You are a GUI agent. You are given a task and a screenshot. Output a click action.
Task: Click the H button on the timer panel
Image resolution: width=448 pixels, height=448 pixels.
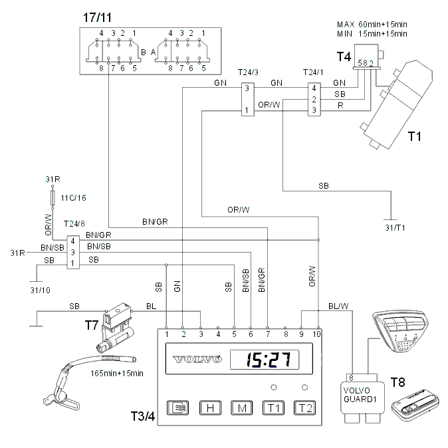[210, 408]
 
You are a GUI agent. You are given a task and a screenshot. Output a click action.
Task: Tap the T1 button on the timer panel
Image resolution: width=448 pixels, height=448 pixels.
[273, 408]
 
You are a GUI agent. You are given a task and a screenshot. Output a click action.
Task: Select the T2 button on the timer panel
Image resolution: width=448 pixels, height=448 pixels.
[305, 408]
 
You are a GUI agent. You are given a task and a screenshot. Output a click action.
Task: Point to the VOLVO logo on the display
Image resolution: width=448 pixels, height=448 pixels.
[197, 359]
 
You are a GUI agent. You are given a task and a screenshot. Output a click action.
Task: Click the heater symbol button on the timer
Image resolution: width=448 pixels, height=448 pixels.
[177, 408]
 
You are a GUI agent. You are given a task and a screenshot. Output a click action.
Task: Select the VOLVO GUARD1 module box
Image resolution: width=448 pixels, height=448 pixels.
[362, 397]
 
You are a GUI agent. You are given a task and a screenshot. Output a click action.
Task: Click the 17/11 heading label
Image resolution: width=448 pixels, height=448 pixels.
[97, 17]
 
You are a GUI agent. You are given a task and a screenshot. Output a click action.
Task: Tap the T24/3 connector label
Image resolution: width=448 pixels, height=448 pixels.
[248, 72]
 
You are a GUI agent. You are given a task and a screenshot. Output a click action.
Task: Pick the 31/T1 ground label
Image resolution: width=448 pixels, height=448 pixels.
[395, 228]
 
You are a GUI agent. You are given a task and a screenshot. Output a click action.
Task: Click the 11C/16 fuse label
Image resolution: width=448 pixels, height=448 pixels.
[73, 197]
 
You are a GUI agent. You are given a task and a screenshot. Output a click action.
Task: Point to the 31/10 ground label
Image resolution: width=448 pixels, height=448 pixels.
[40, 290]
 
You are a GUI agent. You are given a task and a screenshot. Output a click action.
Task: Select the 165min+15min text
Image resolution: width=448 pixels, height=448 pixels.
[117, 374]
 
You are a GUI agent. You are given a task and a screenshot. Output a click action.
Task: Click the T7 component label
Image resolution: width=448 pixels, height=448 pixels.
[92, 325]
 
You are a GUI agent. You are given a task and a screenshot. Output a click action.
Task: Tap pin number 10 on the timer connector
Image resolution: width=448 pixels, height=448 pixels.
[316, 334]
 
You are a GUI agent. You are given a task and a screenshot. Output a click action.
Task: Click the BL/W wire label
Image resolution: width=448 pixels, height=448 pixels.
[338, 306]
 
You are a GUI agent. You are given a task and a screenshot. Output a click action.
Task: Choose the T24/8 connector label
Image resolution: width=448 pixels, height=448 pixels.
[74, 224]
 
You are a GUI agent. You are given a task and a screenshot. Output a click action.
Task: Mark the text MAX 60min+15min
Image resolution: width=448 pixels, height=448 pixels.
[372, 25]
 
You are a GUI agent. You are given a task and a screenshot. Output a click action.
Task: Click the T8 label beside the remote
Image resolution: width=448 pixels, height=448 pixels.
[397, 382]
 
